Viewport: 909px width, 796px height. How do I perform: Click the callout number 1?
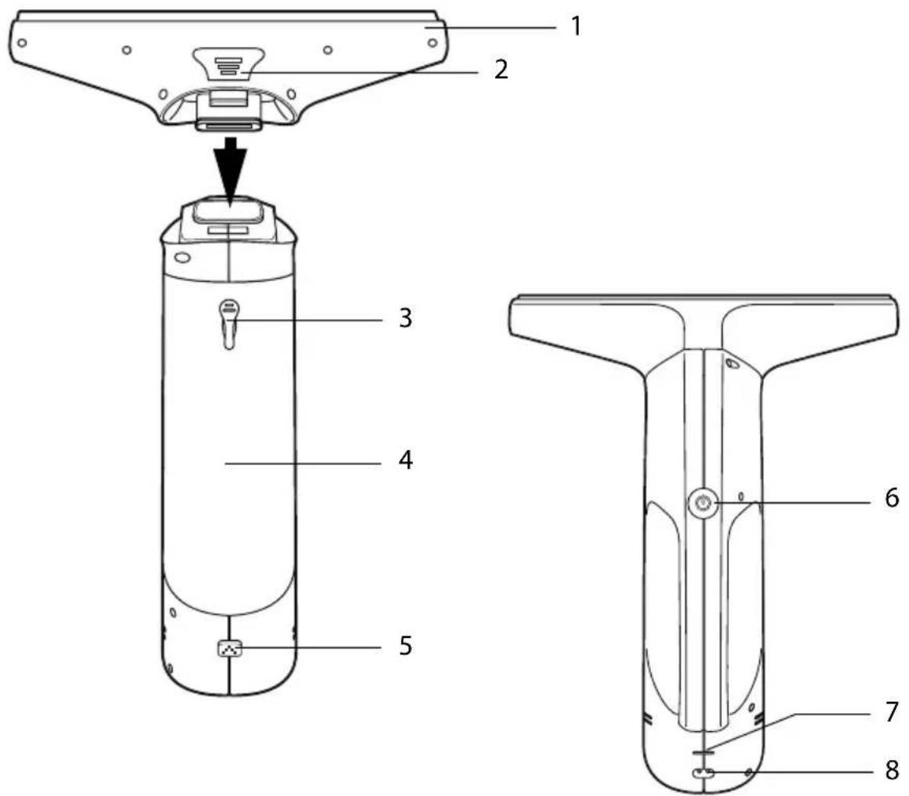[576, 26]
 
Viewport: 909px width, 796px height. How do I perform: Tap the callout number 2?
[501, 69]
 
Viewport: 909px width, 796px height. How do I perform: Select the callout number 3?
[406, 318]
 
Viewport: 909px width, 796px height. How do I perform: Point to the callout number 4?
[406, 460]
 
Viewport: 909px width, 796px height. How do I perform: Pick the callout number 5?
[406, 646]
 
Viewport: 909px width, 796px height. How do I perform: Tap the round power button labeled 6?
[703, 503]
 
